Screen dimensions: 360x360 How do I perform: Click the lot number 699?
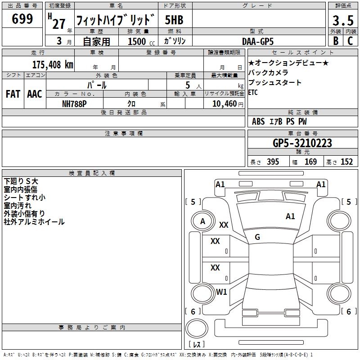pyautogui.click(x=22, y=19)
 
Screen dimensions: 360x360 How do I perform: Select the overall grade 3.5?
pyautogui.click(x=342, y=21)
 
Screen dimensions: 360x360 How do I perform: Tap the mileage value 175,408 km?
pyautogui.click(x=53, y=65)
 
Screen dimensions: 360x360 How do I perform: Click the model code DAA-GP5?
pyautogui.click(x=257, y=41)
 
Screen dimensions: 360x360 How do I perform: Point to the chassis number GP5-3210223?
pyautogui.click(x=302, y=144)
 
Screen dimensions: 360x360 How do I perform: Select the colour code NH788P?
pyautogui.click(x=75, y=103)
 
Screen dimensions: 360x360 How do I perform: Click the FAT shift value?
pyautogui.click(x=13, y=94)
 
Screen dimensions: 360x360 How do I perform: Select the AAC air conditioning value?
pyautogui.click(x=35, y=94)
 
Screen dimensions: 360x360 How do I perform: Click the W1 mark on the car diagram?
pyautogui.click(x=221, y=292)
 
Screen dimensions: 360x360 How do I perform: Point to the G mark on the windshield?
pyautogui.click(x=257, y=237)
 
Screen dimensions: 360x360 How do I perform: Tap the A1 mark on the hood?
pyautogui.click(x=290, y=216)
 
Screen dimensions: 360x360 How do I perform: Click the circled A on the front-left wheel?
pyautogui.click(x=202, y=221)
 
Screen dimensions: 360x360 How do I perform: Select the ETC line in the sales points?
pyautogui.click(x=253, y=93)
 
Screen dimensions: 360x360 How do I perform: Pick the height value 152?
pyautogui.click(x=346, y=162)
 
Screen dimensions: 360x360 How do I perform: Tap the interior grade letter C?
pyautogui.click(x=350, y=41)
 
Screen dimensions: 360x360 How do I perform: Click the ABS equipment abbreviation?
pyautogui.click(x=258, y=121)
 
